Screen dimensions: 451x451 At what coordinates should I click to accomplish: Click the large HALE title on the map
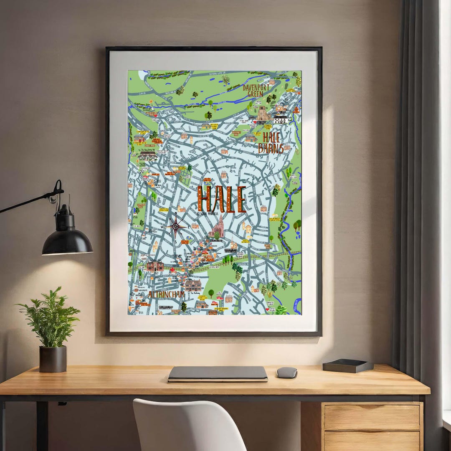tap(221, 200)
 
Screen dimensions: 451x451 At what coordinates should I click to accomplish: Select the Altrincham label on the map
tap(166, 295)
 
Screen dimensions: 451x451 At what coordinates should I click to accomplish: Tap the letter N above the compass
tap(176, 213)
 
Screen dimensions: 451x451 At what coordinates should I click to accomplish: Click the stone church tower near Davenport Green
tap(263, 112)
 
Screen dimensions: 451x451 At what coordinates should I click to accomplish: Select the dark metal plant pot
tap(53, 359)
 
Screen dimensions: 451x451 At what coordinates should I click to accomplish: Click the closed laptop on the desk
tap(218, 374)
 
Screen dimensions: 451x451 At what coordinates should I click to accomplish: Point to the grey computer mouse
tap(287, 372)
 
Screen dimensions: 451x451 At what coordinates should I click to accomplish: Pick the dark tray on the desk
tap(347, 366)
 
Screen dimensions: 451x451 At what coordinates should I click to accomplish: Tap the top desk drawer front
tap(372, 417)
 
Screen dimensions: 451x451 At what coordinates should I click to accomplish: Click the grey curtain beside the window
tap(413, 167)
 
